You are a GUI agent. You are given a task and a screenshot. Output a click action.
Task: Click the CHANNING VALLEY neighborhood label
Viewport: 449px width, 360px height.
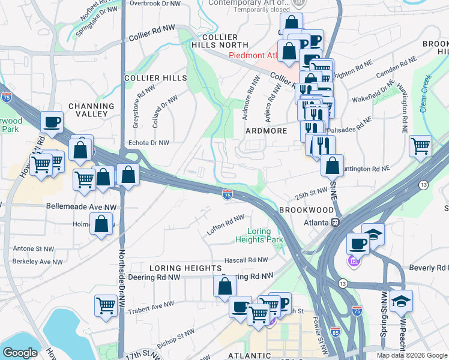pyautogui.click(x=91, y=110)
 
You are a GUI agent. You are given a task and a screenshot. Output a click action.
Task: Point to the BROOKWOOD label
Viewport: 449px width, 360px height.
pyautogui.click(x=306, y=210)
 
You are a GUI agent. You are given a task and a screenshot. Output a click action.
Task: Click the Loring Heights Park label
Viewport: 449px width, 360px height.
pyautogui.click(x=265, y=235)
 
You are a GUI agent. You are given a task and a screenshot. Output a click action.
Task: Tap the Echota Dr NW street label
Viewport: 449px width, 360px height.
pyautogui.click(x=149, y=143)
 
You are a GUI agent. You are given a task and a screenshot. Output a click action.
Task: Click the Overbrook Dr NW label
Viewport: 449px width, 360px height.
pyautogui.click(x=155, y=4)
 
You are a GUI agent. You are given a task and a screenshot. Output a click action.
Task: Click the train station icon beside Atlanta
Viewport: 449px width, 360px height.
pyautogui.click(x=336, y=223)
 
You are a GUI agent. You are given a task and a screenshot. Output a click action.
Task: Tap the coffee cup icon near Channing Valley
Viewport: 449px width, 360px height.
pyautogui.click(x=52, y=122)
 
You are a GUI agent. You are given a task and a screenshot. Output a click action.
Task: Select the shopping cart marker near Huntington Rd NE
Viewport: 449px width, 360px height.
pyautogui.click(x=420, y=146)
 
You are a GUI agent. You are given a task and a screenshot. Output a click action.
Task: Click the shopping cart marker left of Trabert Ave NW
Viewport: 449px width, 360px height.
pyautogui.click(x=106, y=305)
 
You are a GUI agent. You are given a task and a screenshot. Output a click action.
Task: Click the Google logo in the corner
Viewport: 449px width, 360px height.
pyautogui.click(x=20, y=353)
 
